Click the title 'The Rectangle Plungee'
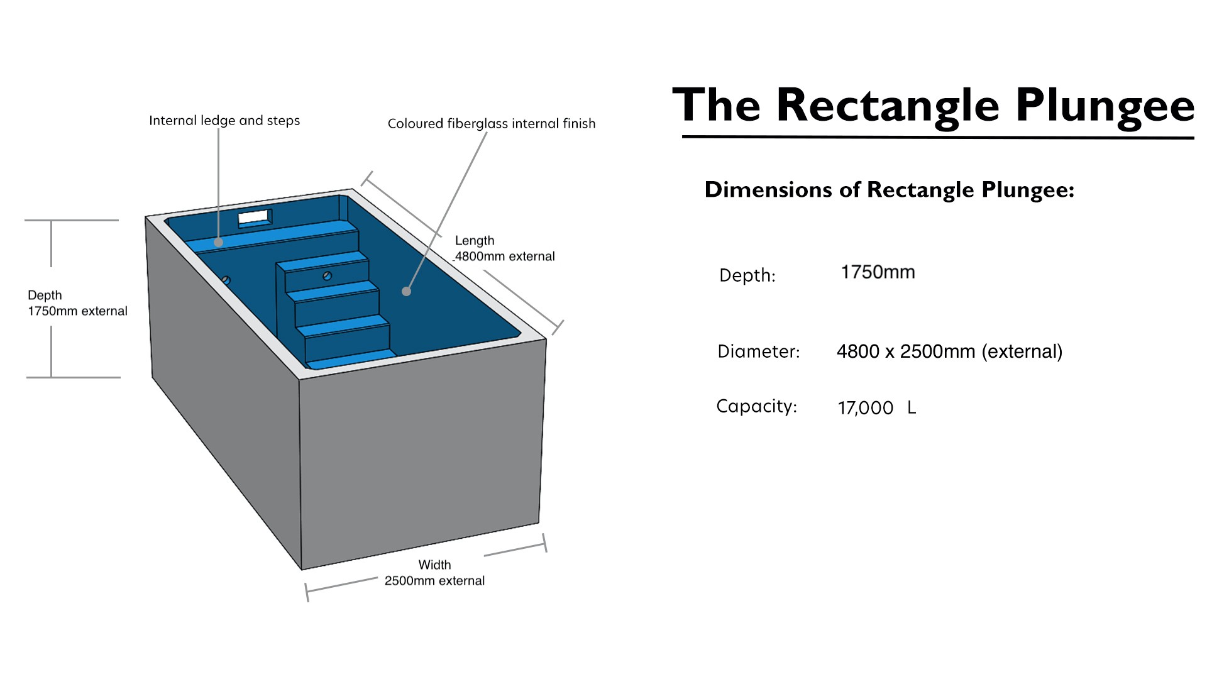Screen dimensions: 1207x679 click(934, 106)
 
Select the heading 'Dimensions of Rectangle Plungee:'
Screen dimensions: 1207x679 click(890, 190)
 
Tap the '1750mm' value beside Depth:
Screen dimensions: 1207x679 click(878, 272)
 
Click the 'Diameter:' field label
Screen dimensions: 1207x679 click(759, 351)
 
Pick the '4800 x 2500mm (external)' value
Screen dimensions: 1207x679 click(949, 351)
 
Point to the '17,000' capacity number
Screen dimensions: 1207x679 click(865, 408)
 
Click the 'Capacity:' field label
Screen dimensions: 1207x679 click(757, 407)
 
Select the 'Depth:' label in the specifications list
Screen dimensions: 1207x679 click(747, 275)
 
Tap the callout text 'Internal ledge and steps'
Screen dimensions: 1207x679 click(224, 121)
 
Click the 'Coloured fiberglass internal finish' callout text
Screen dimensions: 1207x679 click(492, 124)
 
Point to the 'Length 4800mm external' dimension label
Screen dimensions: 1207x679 click(505, 248)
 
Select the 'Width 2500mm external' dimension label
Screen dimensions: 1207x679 click(434, 573)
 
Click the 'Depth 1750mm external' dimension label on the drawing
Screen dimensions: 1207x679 click(77, 303)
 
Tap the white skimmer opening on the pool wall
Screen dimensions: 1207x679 click(255, 218)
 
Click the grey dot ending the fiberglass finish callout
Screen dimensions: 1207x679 click(407, 291)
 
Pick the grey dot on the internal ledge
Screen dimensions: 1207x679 click(218, 242)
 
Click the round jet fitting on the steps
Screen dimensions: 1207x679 click(327, 275)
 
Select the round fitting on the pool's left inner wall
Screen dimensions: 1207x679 click(226, 280)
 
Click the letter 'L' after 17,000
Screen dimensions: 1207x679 click(912, 407)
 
